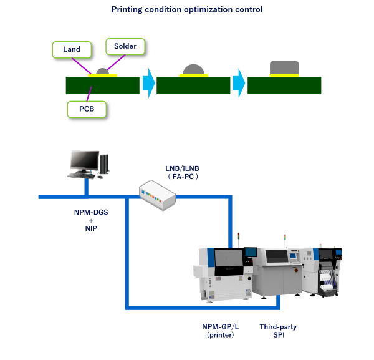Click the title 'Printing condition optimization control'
pos(186,9)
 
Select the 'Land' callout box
pos(71,49)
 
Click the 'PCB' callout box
pos(87,110)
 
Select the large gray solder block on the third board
pos(284,67)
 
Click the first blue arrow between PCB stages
pos(148,84)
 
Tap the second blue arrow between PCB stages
pos(239,84)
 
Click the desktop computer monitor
pos(84,162)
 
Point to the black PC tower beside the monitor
pos(105,164)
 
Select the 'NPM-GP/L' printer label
pos(219,327)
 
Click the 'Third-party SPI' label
pos(279,331)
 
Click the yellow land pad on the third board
pos(283,75)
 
